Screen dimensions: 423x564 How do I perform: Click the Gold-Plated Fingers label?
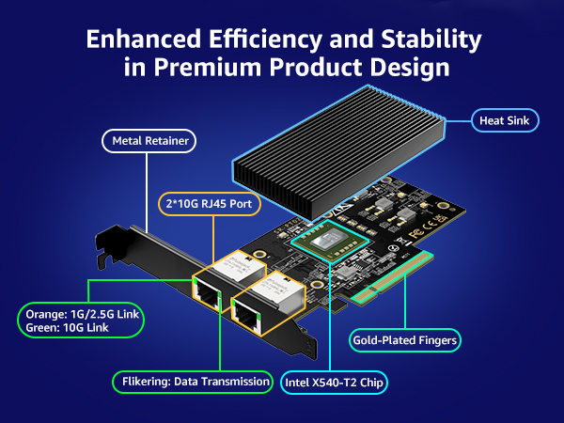405,338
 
